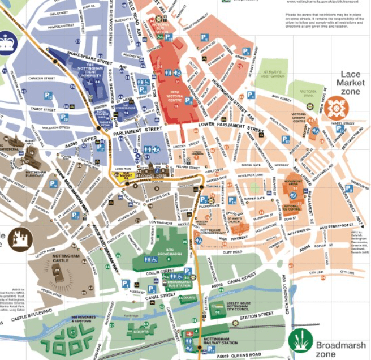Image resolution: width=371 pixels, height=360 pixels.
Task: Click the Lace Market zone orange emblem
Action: tap(338, 108)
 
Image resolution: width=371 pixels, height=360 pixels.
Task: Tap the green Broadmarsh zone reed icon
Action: tap(300, 340)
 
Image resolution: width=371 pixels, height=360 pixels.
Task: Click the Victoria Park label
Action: tap(308, 104)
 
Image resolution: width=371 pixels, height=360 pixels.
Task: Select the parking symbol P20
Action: tap(64, 118)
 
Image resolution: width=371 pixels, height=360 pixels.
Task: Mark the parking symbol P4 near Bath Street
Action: tap(247, 52)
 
